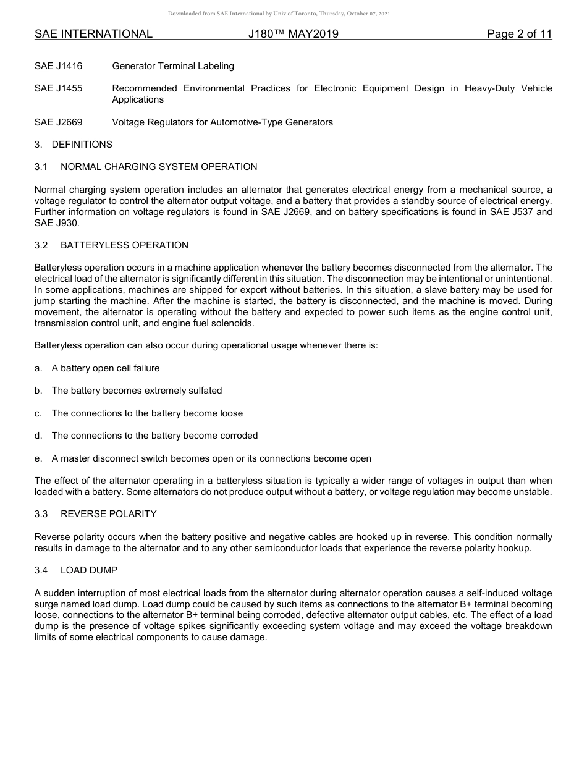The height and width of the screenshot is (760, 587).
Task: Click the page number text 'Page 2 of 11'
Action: [519, 34]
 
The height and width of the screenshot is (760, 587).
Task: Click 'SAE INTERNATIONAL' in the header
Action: [93, 34]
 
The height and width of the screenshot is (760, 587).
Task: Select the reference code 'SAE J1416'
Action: [58, 66]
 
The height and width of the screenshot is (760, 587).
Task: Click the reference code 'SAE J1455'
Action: [58, 88]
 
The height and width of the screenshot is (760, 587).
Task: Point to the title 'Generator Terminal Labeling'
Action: [173, 66]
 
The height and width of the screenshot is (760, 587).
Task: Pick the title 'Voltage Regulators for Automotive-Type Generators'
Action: [222, 122]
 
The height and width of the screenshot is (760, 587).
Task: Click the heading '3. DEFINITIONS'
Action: [74, 145]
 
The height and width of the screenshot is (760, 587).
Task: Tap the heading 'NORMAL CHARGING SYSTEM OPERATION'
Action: [159, 167]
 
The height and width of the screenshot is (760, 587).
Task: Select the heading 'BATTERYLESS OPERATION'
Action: [124, 245]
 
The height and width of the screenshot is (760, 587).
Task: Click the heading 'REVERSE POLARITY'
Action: [109, 514]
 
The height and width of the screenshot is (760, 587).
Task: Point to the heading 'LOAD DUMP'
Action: [89, 570]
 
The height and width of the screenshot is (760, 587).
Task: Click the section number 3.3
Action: [41, 514]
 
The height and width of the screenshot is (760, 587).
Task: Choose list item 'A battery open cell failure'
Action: [106, 368]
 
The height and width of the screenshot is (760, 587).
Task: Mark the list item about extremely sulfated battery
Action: [137, 391]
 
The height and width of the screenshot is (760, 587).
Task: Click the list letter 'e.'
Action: [38, 458]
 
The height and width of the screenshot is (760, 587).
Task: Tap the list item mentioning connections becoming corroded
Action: [154, 436]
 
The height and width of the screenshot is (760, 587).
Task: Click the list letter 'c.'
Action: [38, 413]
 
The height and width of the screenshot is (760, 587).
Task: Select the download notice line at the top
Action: [279, 14]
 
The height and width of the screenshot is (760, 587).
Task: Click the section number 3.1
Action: [41, 167]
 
